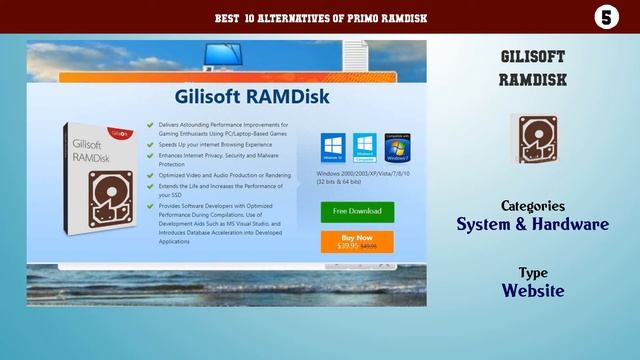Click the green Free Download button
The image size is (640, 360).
point(357,211)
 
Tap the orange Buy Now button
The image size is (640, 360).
point(357,241)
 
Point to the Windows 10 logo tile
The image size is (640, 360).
point(332,146)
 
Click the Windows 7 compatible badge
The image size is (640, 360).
point(397,146)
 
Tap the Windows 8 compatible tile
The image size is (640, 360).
point(364,146)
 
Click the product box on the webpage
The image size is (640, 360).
point(96,185)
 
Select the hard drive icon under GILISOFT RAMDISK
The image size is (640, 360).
point(533,138)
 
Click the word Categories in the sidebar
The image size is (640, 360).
point(533,205)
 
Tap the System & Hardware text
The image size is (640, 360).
point(533,224)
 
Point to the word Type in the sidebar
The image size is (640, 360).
point(533,272)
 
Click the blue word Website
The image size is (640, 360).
point(533,291)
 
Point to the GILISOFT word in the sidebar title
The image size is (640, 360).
point(533,56)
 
